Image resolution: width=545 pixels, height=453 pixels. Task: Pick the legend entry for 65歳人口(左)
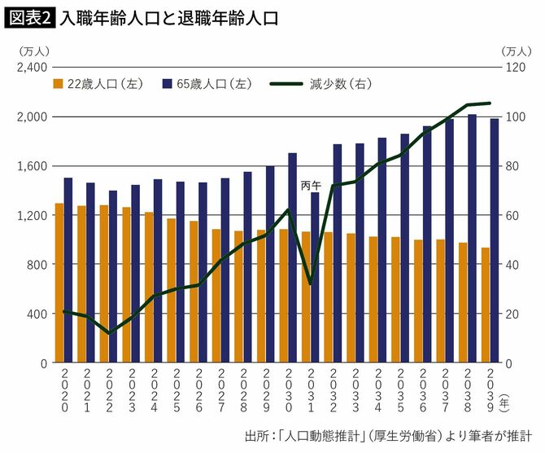tap(205, 83)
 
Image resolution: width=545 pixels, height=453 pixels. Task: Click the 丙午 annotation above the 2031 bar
tap(312, 186)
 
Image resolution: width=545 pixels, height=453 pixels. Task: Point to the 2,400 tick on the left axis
tap(28, 68)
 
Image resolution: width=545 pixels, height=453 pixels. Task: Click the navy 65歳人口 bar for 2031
tap(315, 277)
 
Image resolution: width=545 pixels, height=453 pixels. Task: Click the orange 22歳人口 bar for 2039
tap(485, 305)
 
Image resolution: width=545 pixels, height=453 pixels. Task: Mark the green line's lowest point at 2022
tap(109, 333)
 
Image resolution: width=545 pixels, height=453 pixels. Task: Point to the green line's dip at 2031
tap(311, 284)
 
